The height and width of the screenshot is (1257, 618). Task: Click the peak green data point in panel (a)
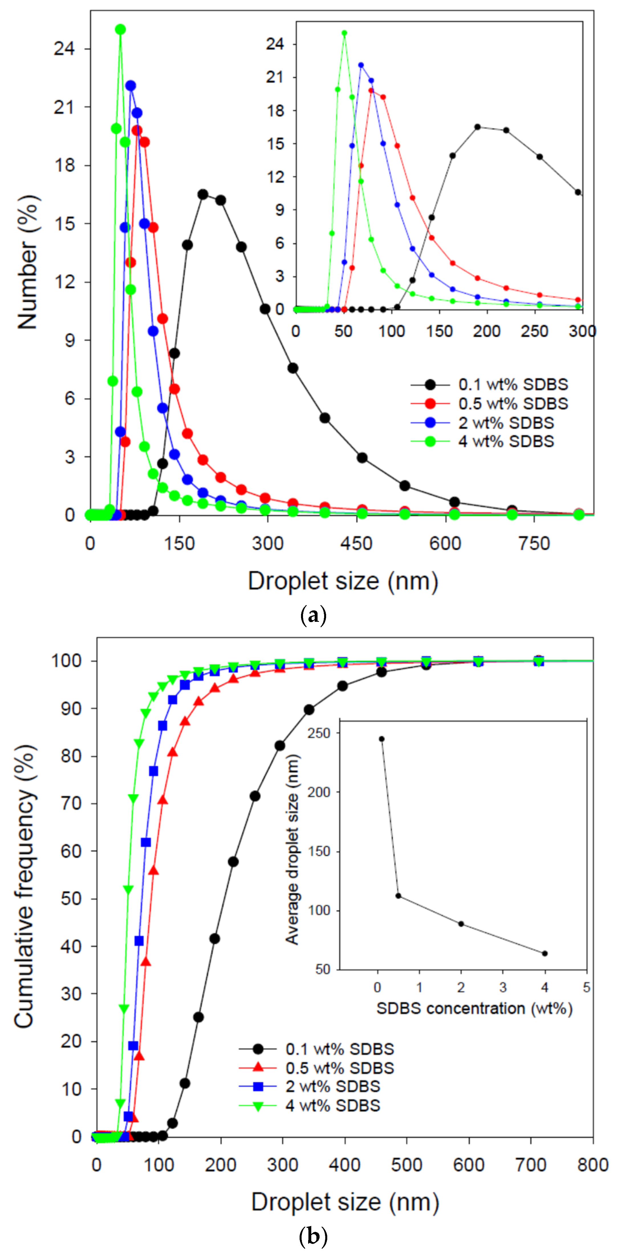(120, 30)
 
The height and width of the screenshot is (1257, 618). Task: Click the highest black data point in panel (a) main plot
(203, 194)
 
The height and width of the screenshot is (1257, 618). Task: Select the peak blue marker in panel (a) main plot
(130, 86)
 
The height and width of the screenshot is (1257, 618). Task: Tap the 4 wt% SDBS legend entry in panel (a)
(505, 442)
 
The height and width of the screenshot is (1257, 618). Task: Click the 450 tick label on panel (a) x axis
(357, 544)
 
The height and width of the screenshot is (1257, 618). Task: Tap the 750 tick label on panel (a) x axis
(534, 544)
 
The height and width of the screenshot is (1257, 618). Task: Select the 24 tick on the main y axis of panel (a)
(64, 49)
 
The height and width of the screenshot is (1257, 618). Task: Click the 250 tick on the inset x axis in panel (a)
(534, 331)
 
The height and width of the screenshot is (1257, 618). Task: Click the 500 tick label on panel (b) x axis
(406, 1165)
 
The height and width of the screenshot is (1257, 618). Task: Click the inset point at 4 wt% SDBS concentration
(545, 954)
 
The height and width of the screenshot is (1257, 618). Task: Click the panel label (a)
(313, 616)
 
